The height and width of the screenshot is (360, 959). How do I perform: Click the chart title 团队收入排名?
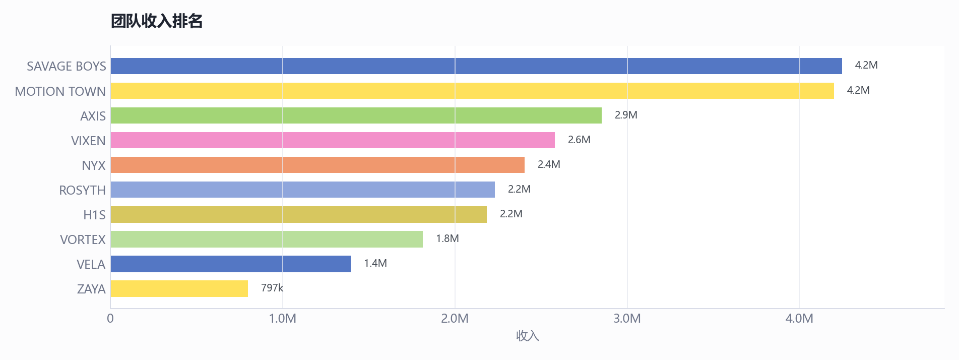[x=157, y=21]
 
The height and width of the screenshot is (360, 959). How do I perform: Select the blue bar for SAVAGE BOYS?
[x=476, y=66]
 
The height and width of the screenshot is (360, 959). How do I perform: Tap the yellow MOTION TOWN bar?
[x=472, y=91]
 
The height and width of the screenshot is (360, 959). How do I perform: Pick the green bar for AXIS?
[x=356, y=115]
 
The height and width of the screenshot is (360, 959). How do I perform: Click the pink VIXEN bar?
[x=333, y=140]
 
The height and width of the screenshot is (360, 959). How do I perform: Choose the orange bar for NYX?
[x=317, y=165]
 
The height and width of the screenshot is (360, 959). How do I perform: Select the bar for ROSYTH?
[x=303, y=190]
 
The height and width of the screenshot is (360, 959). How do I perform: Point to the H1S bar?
[x=299, y=214]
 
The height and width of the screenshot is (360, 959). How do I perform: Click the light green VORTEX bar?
[x=267, y=239]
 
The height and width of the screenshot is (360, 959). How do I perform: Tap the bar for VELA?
[x=231, y=264]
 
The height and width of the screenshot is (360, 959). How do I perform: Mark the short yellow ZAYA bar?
[x=179, y=288]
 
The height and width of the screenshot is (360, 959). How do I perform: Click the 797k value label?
[x=272, y=288]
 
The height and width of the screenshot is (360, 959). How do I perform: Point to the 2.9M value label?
[x=626, y=115]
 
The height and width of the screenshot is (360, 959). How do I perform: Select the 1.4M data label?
[x=375, y=263]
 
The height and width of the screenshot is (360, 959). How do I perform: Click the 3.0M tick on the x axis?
[x=627, y=319]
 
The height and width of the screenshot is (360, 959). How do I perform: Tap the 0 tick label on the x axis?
[x=110, y=319]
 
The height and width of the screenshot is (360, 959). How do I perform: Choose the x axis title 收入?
[x=528, y=336]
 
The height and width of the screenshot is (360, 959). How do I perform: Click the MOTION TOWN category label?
[x=60, y=91]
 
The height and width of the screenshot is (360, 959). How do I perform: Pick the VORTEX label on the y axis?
[x=83, y=239]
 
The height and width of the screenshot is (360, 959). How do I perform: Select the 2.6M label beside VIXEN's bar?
[x=579, y=140]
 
